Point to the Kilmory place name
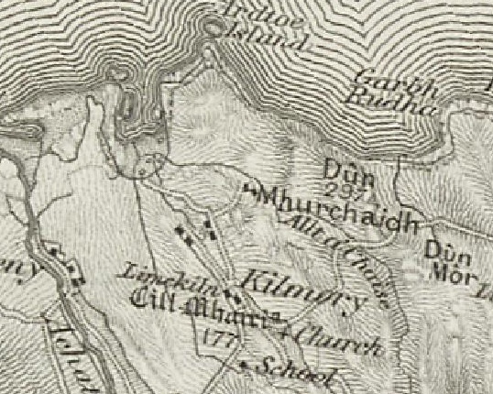(302, 287)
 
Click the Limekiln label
(149, 274)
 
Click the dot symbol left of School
(244, 366)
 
